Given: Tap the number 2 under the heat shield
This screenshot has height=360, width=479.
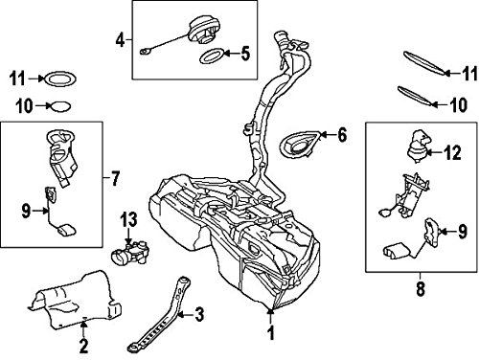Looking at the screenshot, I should click(83, 344).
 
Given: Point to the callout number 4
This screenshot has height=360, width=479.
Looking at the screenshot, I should click(121, 41).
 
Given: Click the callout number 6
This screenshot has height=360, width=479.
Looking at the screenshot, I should click(342, 137).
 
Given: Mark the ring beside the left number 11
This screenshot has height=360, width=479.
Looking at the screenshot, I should click(61, 78).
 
